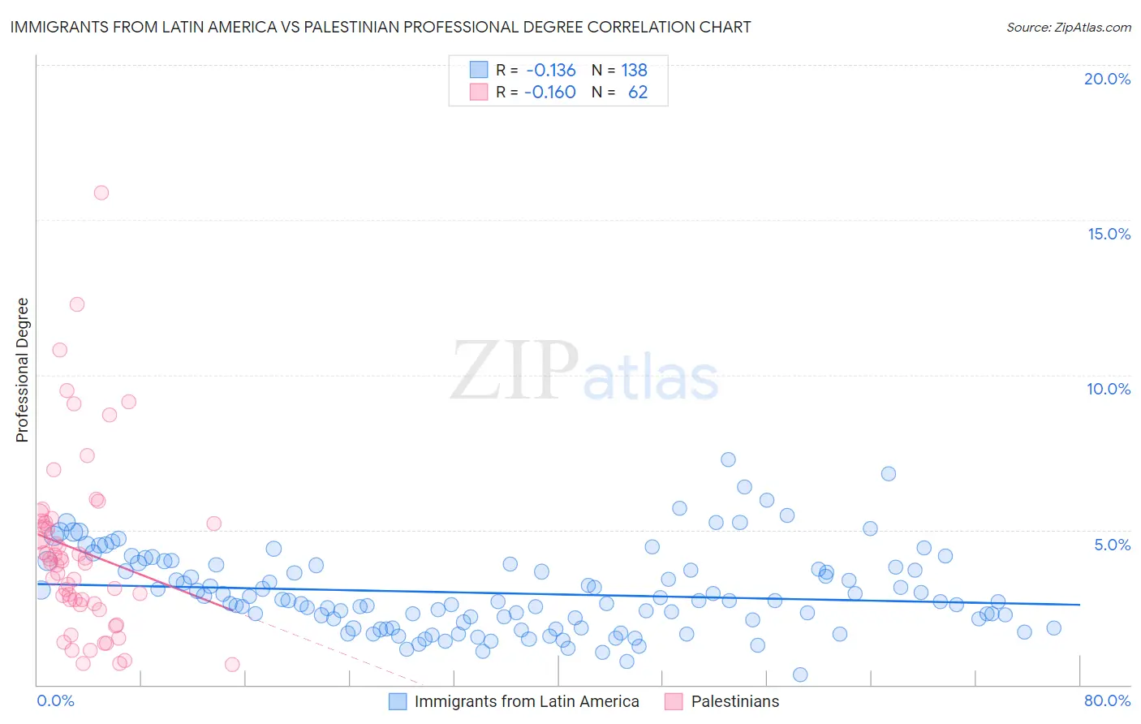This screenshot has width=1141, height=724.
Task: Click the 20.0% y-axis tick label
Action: tap(1107, 79)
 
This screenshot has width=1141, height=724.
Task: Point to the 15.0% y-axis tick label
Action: tap(1109, 234)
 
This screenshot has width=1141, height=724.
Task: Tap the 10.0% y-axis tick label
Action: tap(1109, 389)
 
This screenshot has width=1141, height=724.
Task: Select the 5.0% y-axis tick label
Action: tap(1112, 545)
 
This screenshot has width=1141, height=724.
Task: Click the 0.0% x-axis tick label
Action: tap(55, 700)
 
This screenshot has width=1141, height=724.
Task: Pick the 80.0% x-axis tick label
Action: tap(1107, 700)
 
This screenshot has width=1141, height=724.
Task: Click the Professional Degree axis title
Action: tap(22, 370)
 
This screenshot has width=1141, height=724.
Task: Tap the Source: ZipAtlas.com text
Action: tap(1068, 27)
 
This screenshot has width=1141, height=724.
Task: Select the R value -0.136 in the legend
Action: tap(550, 70)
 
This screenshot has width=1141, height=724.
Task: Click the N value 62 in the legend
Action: tap(638, 92)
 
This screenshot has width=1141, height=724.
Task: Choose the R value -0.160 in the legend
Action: tap(550, 92)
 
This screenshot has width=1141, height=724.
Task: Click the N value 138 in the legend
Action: tap(634, 70)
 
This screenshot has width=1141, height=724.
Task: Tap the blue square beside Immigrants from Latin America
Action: tap(398, 701)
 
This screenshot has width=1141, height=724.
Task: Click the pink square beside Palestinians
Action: tap(674, 701)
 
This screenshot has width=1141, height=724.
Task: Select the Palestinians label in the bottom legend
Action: tap(734, 701)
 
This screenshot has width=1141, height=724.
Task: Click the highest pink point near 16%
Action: tap(101, 192)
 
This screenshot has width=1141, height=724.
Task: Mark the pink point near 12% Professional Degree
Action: tap(77, 304)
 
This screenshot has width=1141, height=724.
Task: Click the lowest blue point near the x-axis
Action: tap(800, 674)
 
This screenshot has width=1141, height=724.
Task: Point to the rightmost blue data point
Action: tap(1053, 627)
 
